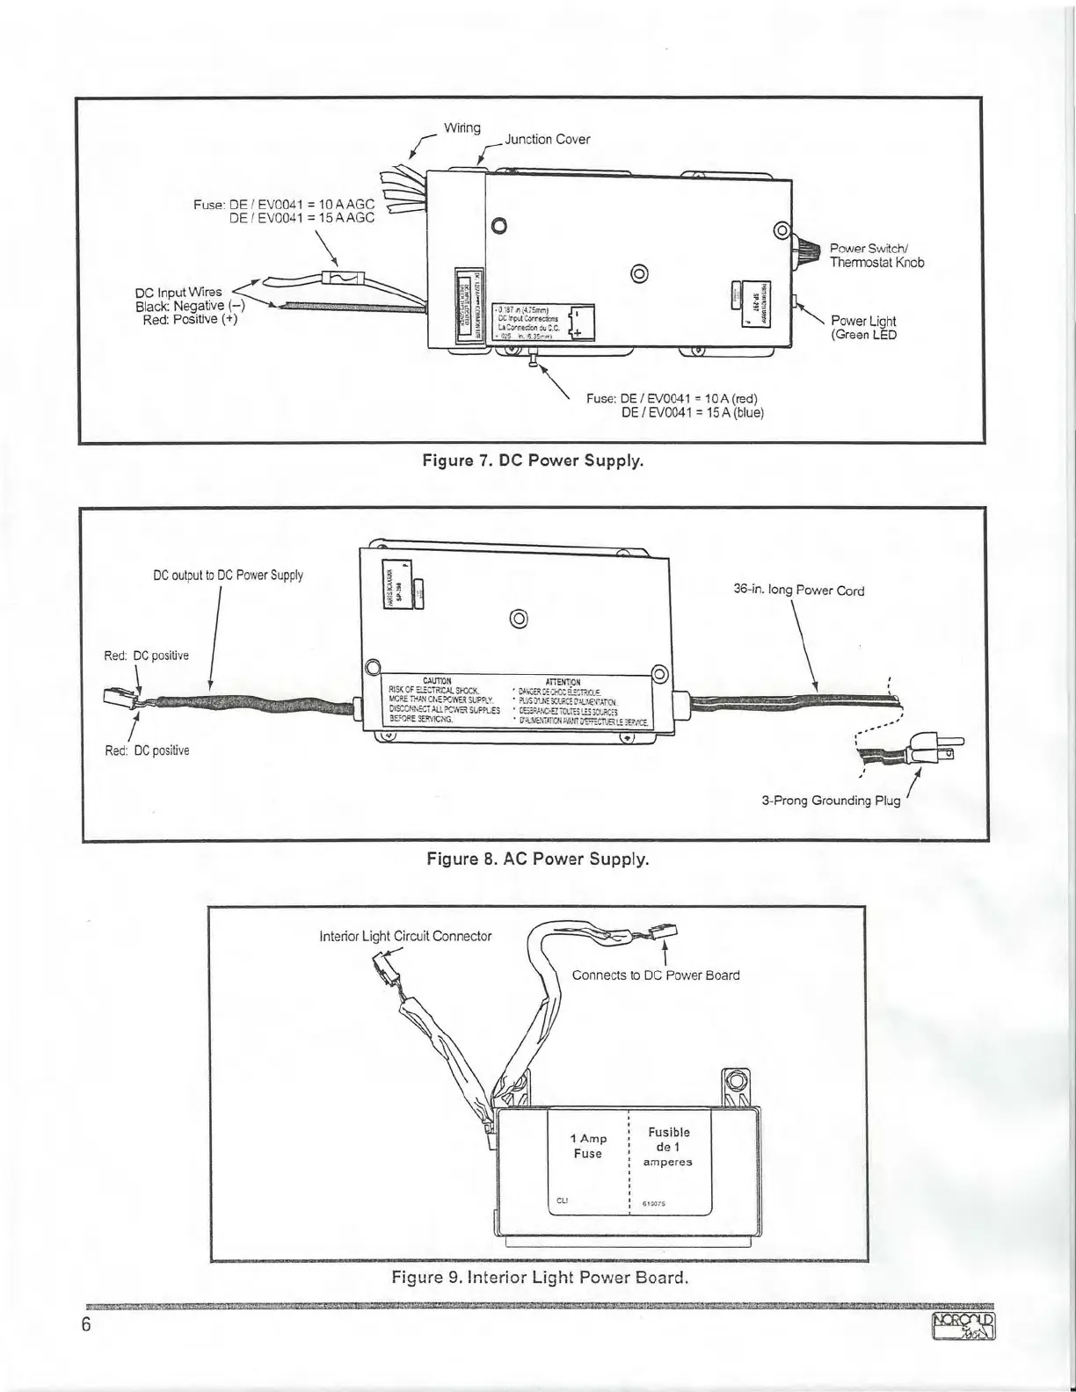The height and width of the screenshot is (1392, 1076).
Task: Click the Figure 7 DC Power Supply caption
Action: click(533, 460)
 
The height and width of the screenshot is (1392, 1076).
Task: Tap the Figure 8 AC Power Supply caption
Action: click(537, 859)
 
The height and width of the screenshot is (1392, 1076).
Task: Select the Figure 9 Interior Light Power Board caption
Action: click(539, 1277)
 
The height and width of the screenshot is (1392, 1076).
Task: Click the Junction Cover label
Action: click(547, 140)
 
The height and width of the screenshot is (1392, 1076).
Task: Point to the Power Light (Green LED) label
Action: click(863, 328)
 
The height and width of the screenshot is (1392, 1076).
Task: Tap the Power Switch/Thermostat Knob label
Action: click(876, 255)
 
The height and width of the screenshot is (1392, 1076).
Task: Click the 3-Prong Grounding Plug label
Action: click(831, 801)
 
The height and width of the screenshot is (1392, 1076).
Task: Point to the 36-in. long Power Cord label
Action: click(798, 591)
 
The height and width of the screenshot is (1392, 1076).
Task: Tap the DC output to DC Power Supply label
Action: click(228, 576)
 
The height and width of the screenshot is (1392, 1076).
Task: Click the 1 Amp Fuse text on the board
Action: click(588, 1146)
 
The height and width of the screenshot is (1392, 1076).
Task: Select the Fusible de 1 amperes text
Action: click(668, 1147)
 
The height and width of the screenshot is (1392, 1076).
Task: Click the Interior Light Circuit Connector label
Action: click(405, 936)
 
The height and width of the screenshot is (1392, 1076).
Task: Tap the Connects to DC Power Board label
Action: click(656, 975)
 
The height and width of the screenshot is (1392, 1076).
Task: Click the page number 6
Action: click(86, 1326)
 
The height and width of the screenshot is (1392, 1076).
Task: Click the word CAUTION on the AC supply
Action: click(437, 681)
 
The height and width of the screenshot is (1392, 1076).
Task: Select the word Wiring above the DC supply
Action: click(462, 128)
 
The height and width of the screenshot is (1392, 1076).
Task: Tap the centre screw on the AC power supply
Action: click(519, 620)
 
